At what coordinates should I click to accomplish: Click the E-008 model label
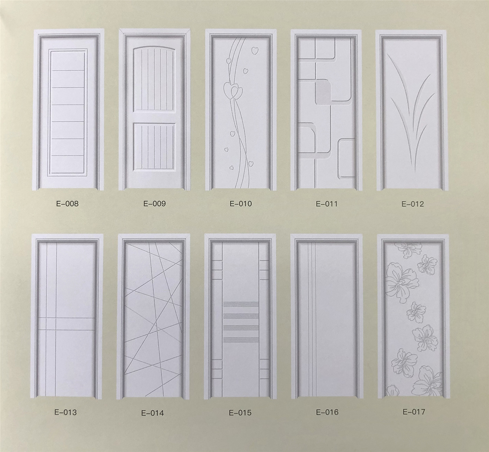click(x=68, y=204)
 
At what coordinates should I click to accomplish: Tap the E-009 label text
click(x=154, y=204)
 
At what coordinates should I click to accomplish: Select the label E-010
click(x=240, y=204)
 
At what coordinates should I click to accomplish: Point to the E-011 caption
click(x=326, y=204)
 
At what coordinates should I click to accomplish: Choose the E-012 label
click(x=412, y=204)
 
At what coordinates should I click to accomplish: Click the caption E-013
click(x=66, y=412)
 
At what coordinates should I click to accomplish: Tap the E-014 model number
click(x=152, y=413)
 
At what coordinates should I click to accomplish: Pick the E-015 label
click(x=240, y=412)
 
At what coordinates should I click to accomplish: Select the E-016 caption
click(x=327, y=412)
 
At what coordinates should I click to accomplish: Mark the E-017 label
click(x=414, y=412)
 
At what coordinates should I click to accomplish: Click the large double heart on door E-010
click(x=233, y=91)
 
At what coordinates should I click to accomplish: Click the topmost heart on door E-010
click(x=255, y=51)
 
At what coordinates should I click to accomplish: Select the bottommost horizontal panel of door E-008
click(x=68, y=164)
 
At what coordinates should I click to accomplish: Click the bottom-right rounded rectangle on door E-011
click(x=347, y=159)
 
